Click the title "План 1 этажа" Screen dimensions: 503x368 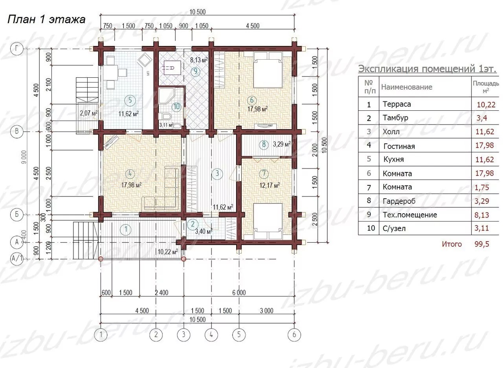point(46,20)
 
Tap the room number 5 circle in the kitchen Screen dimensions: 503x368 point(130,100)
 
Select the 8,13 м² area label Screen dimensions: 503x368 point(199,60)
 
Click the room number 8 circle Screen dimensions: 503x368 point(264,144)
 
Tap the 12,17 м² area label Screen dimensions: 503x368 point(270,185)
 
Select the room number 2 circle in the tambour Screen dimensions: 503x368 point(193,224)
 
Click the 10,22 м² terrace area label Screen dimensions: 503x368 point(168,252)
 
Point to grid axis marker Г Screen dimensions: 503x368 point(17,48)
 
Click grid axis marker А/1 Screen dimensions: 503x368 point(17,259)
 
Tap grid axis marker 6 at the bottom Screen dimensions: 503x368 point(294,335)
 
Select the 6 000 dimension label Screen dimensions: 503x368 point(239,292)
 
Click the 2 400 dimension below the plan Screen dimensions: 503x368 point(162,292)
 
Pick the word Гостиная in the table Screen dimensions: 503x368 point(399,146)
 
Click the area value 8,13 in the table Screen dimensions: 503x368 point(482,215)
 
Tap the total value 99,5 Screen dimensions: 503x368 point(482,244)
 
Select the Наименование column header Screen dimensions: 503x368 point(407,87)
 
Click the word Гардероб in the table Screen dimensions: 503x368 point(399,201)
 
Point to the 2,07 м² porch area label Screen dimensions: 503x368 point(89,113)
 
